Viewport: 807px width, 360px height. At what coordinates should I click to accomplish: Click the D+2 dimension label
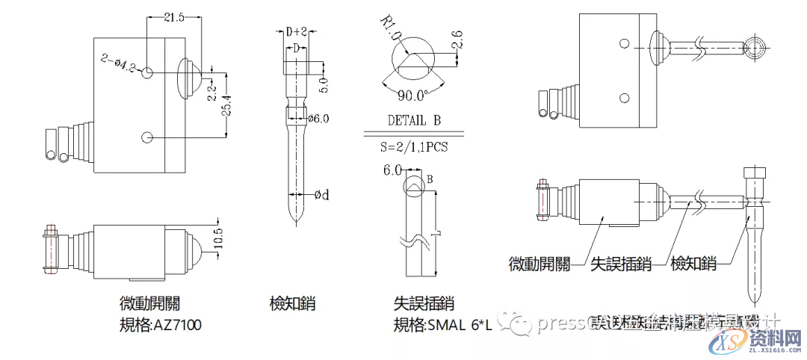coord(297,31)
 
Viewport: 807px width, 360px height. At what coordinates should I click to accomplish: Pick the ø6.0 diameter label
coord(318,118)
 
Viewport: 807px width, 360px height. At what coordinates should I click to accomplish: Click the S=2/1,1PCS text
coord(416,147)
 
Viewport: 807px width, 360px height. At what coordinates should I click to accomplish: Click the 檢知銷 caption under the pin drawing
coord(292,304)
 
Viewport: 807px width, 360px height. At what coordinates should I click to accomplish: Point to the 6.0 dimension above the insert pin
coord(393,170)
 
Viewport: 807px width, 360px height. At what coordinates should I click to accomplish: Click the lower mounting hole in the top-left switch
coord(147,137)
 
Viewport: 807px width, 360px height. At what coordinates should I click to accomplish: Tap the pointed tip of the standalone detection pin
coord(297,224)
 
